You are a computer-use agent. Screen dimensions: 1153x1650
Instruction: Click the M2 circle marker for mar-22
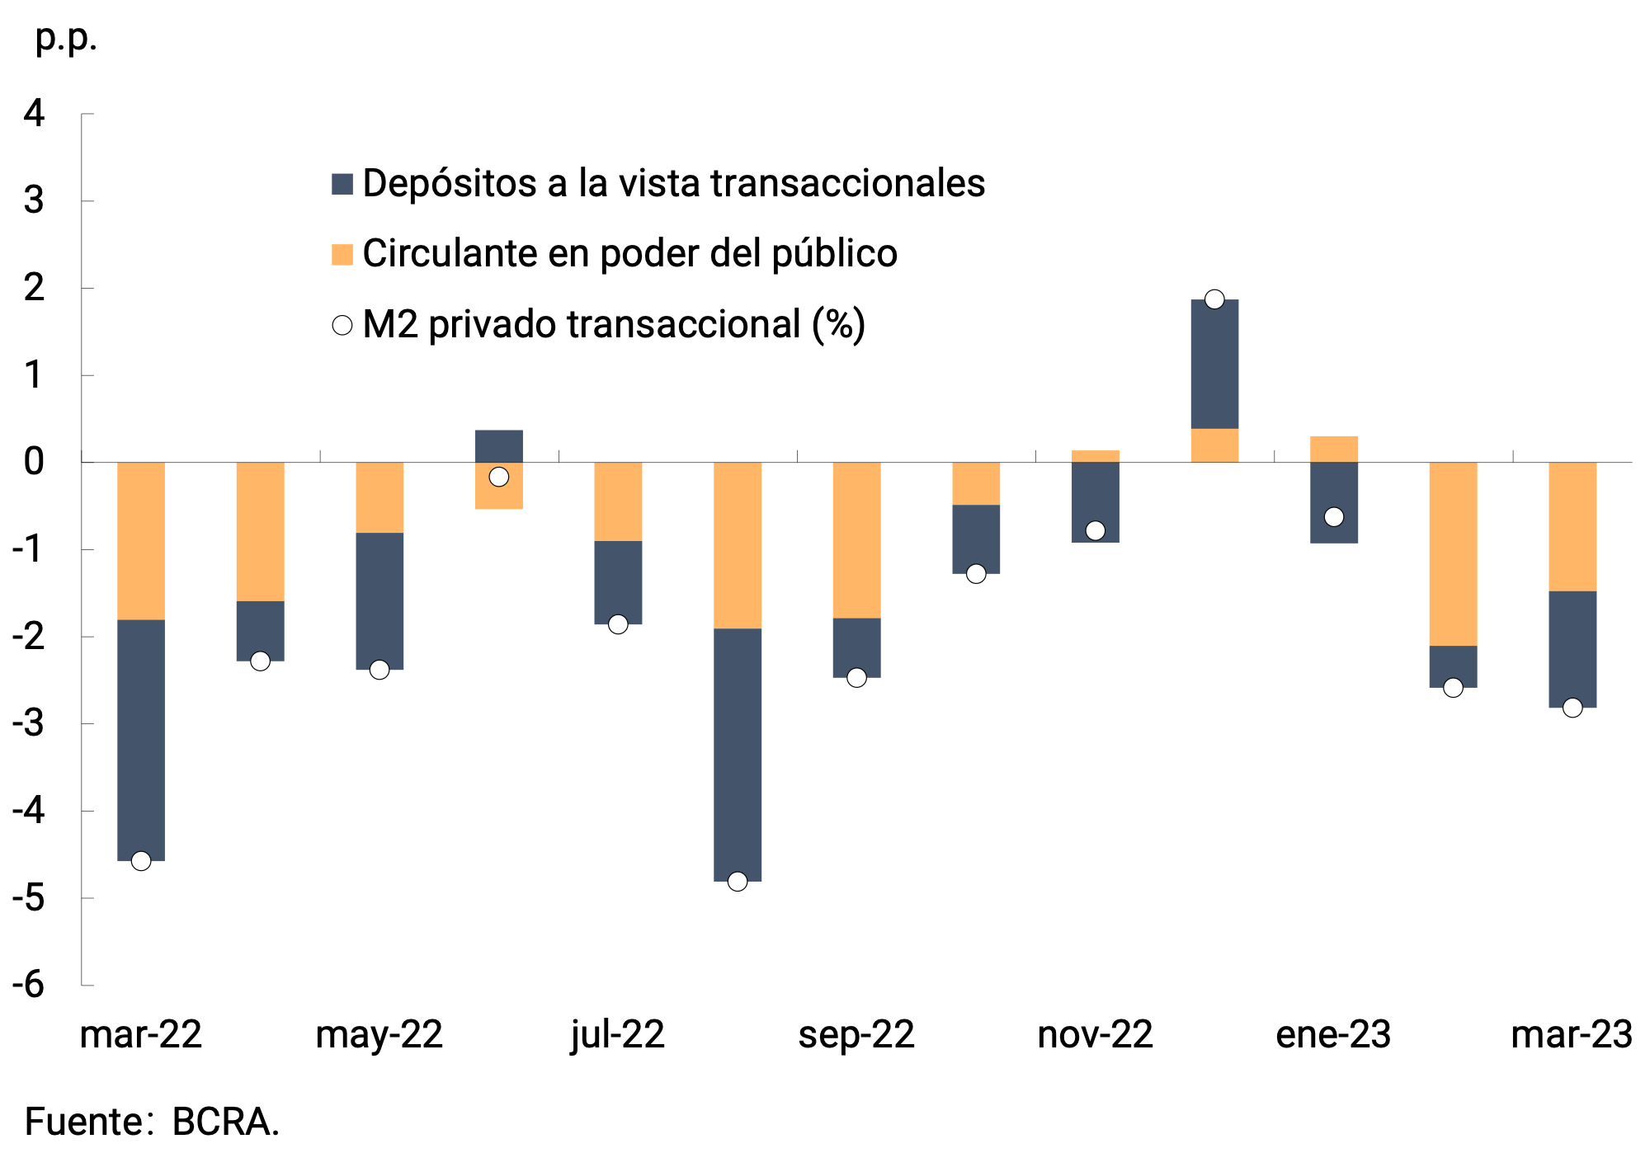click(x=141, y=861)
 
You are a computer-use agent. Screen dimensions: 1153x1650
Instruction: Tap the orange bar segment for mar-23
click(x=1572, y=526)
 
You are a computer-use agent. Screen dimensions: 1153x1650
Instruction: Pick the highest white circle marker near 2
click(x=1214, y=299)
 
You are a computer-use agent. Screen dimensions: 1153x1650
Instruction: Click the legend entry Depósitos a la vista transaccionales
click(x=672, y=183)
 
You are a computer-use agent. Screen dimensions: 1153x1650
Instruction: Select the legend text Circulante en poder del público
click(x=629, y=253)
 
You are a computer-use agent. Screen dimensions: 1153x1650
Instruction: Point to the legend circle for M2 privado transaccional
click(x=342, y=325)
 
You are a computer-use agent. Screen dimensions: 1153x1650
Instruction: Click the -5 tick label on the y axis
click(x=30, y=897)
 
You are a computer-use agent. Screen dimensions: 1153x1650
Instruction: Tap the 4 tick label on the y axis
click(x=34, y=113)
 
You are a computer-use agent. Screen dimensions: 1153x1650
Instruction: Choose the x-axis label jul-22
click(x=618, y=1034)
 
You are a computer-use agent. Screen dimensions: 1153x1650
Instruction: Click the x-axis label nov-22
click(x=1095, y=1034)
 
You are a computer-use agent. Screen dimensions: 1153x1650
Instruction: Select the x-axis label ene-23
click(x=1333, y=1034)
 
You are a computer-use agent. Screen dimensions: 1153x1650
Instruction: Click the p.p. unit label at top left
click(x=66, y=37)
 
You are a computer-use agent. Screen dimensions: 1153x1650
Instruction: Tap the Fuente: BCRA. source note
click(x=152, y=1122)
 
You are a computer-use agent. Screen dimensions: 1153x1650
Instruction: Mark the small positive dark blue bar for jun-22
click(x=499, y=445)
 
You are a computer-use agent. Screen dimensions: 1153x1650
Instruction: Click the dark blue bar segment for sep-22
click(x=856, y=647)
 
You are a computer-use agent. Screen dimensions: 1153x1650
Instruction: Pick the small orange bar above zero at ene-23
click(x=1334, y=449)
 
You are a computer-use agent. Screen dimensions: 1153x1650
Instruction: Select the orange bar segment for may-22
click(x=379, y=497)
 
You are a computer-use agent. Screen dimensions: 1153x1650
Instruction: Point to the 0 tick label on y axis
click(x=34, y=462)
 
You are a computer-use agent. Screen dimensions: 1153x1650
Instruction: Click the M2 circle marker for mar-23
click(x=1572, y=708)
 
